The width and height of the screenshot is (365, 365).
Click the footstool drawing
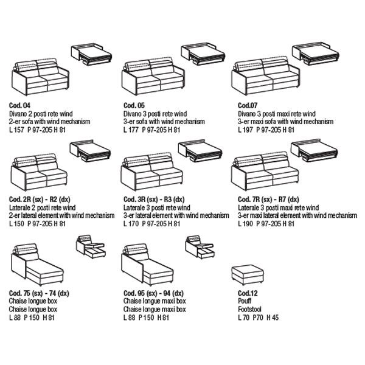(247, 275)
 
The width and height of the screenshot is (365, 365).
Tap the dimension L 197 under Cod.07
(244, 130)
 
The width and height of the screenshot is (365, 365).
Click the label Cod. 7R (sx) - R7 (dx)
(268, 200)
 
